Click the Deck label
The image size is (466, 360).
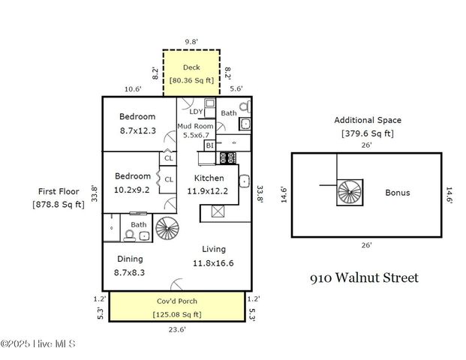click(x=191, y=67)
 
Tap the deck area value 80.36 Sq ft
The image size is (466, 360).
click(x=191, y=79)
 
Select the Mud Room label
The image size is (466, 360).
click(x=193, y=127)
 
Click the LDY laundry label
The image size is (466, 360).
click(x=196, y=112)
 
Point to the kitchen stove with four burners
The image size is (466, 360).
click(x=226, y=158)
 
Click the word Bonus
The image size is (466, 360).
click(x=397, y=193)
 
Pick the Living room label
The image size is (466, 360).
click(x=213, y=249)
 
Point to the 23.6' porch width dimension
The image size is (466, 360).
click(x=176, y=328)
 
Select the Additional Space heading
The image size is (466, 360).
click(x=368, y=120)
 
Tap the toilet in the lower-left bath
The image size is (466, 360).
click(x=128, y=235)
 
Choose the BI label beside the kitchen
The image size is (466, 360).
click(x=209, y=145)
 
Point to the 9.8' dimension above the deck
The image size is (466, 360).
click(x=192, y=42)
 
